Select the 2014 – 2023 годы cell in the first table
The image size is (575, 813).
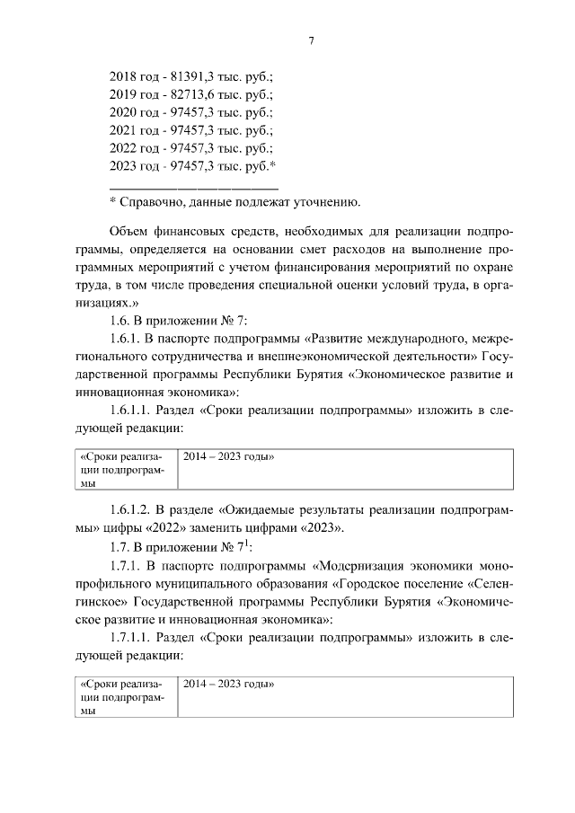coord(228,457)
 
